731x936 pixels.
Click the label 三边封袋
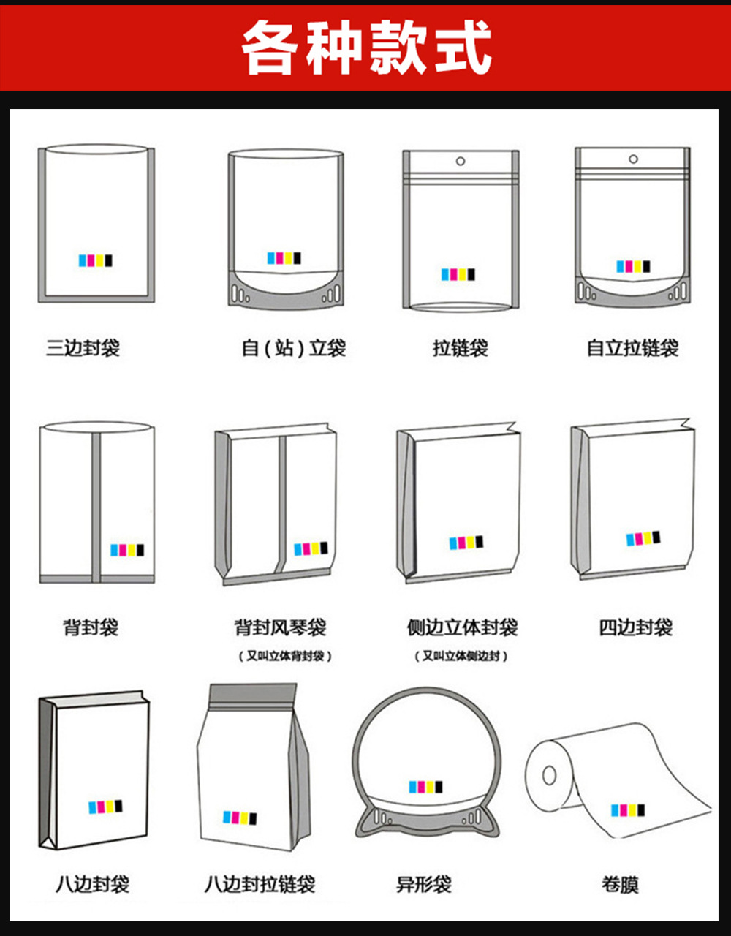[83, 347]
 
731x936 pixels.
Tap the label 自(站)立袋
[294, 347]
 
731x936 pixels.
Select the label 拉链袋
[461, 347]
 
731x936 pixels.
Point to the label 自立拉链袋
[633, 347]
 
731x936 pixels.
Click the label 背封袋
[91, 627]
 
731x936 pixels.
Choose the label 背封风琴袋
[280, 627]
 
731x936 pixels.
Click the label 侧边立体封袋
[463, 627]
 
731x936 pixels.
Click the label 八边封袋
[93, 884]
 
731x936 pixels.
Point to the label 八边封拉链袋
[260, 884]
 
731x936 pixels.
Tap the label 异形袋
[424, 884]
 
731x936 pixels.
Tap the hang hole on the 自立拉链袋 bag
[633, 159]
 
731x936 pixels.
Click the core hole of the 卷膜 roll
[549, 774]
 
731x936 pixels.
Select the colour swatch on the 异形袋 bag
[425, 787]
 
